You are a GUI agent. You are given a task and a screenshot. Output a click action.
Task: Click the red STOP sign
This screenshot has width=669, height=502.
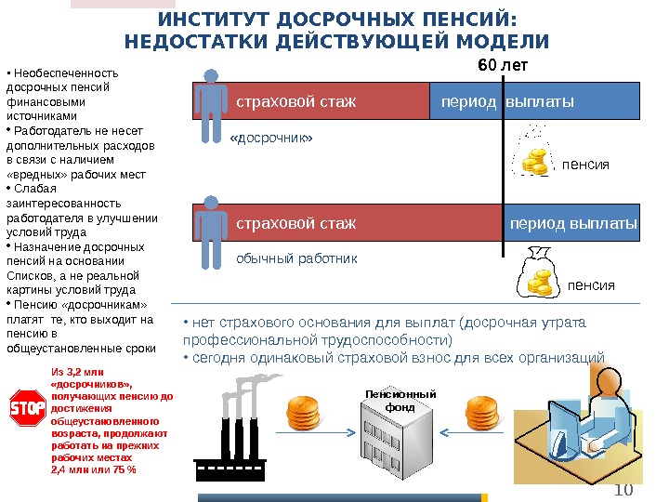tap(27, 409)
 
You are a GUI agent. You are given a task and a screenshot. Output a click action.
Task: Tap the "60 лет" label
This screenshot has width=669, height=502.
tap(502, 66)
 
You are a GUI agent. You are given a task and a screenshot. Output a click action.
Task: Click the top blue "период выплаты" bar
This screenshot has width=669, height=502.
tap(535, 100)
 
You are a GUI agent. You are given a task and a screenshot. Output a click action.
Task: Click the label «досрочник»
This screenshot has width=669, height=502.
tap(270, 139)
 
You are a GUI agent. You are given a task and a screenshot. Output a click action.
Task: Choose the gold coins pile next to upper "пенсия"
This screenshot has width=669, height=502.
tap(535, 162)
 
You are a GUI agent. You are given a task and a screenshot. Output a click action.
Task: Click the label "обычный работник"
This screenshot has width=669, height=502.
tap(296, 258)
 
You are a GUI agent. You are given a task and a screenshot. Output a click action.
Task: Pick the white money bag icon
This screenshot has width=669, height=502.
tap(537, 272)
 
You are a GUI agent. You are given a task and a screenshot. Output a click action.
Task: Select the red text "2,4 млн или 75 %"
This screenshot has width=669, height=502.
tap(92, 469)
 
